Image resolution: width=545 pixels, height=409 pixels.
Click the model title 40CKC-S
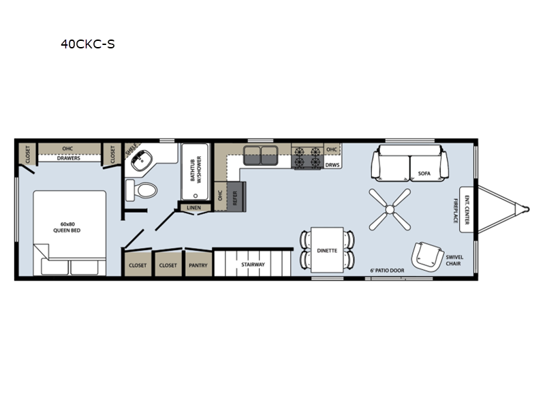[88, 44]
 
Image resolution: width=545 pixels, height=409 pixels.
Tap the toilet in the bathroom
[142, 190]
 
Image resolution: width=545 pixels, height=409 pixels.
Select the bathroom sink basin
[142, 161]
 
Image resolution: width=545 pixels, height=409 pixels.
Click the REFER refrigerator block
[236, 196]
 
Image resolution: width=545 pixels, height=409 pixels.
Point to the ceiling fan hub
[390, 209]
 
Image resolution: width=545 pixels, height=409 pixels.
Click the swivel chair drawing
[427, 257]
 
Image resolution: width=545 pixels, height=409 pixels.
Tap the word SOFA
[424, 173]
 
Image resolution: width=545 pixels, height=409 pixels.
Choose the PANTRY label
[198, 265]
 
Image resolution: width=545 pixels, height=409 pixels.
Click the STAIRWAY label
[253, 264]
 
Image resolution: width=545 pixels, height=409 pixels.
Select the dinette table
[327, 249]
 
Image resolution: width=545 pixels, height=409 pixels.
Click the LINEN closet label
[194, 208]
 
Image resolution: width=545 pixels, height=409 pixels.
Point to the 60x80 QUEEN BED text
[67, 227]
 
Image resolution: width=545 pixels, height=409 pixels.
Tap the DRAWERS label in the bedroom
[69, 158]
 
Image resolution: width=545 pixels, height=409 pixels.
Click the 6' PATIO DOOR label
[387, 270]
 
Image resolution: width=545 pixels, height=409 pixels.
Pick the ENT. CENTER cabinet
[467, 210]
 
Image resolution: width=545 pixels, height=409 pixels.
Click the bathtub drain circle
[196, 196]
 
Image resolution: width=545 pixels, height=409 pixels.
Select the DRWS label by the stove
[332, 165]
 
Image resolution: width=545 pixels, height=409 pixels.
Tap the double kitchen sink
[261, 155]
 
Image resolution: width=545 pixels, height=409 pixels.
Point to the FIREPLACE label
[456, 211]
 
